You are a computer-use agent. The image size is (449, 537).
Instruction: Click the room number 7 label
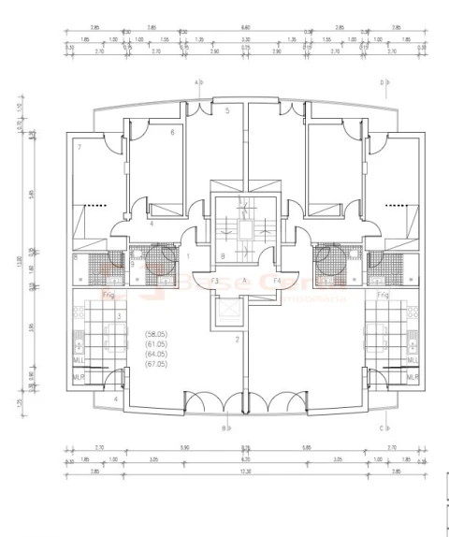pos(80,147)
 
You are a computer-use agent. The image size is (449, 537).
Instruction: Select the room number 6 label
pos(172,133)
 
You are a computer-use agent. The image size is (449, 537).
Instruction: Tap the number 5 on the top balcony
pos(226,110)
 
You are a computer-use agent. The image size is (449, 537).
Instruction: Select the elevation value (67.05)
pos(156,364)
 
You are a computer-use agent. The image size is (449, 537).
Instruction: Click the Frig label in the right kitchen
pos(383,294)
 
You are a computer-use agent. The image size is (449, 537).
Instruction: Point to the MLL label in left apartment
pos(79,360)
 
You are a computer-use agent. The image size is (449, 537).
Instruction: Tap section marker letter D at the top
pos(382,82)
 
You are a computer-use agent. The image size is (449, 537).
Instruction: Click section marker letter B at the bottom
pos(224,428)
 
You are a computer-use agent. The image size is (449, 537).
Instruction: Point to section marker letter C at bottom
pos(382,428)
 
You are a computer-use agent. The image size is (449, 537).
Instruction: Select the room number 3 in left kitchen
pos(119,316)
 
